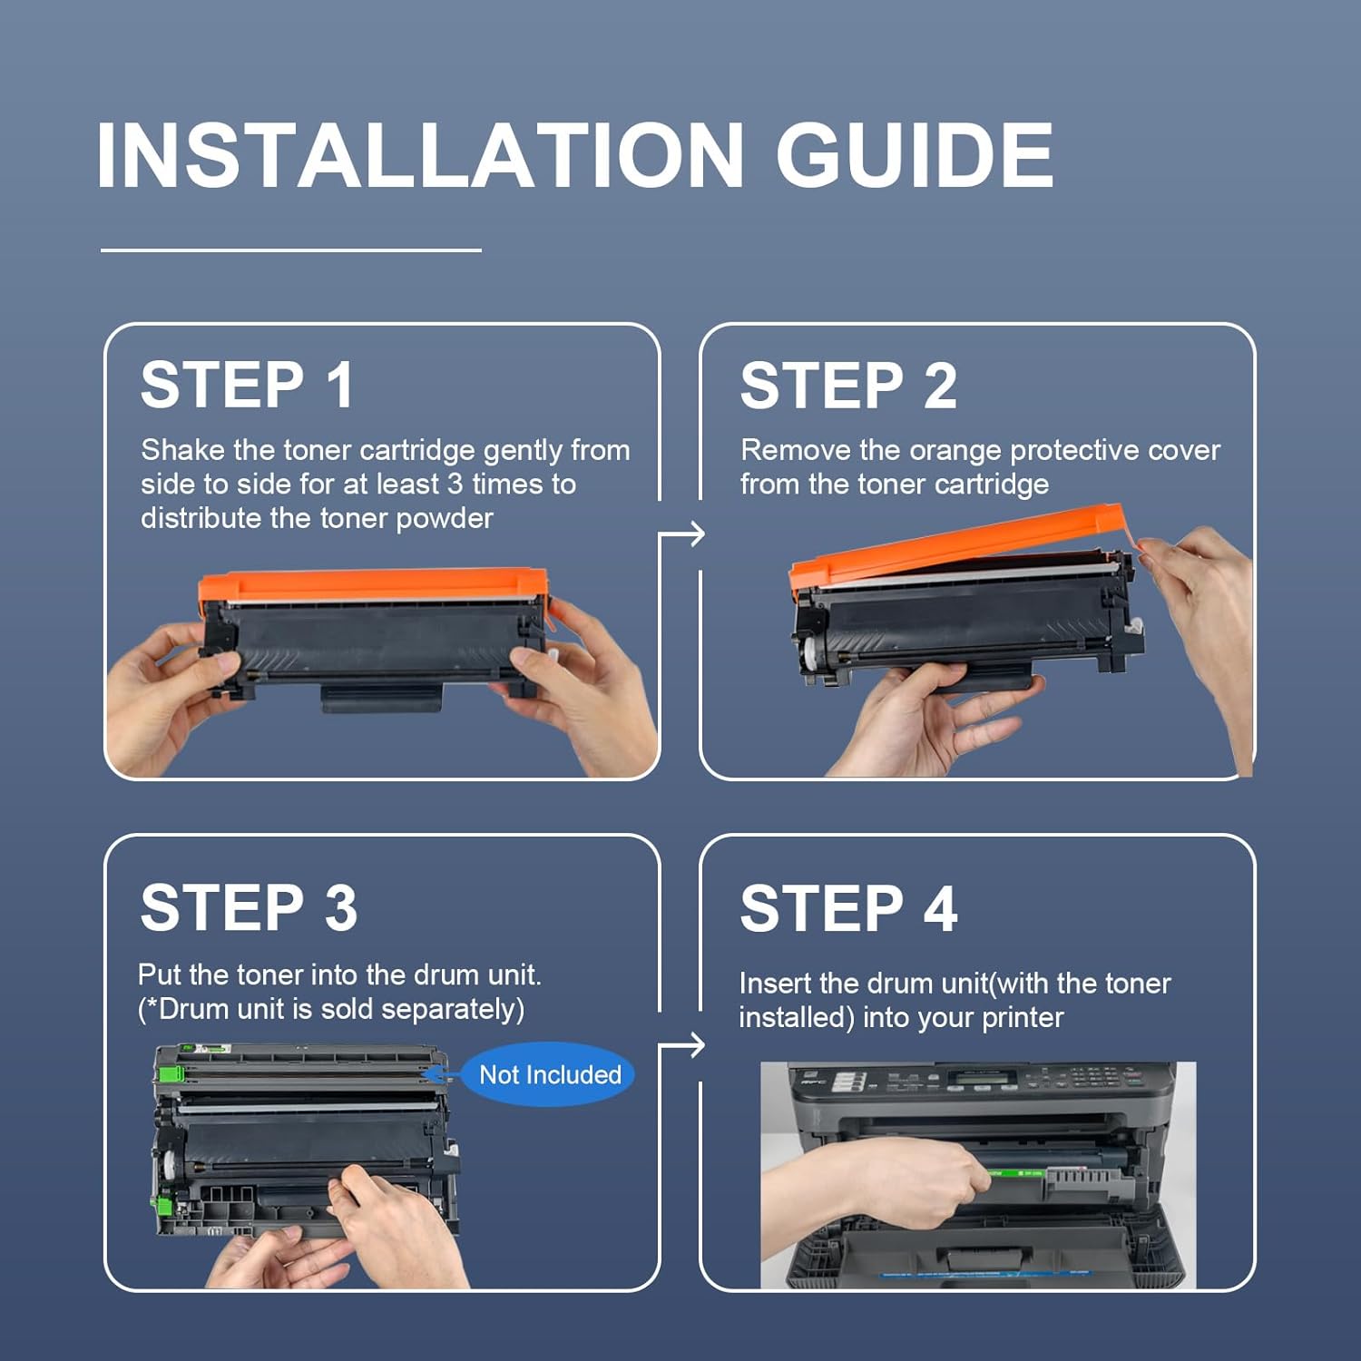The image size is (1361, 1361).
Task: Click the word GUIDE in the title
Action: click(x=915, y=155)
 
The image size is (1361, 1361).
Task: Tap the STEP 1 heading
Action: click(x=247, y=385)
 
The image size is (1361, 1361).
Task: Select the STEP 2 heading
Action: click(x=848, y=386)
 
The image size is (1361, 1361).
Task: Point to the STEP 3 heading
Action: click(x=249, y=907)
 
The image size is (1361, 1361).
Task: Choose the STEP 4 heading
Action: click(x=848, y=908)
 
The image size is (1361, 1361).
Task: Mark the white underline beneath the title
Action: click(x=290, y=250)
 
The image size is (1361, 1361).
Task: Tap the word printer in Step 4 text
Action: click(x=1023, y=1018)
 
